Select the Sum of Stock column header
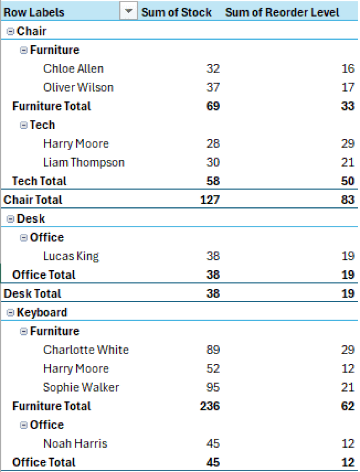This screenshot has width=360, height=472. click(x=176, y=12)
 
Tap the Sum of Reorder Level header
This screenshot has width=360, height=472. click(x=282, y=12)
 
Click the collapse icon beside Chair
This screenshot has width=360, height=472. click(x=11, y=31)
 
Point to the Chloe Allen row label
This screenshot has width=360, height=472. click(x=73, y=68)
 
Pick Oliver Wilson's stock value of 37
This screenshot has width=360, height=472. click(x=212, y=87)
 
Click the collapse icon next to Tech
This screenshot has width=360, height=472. click(x=24, y=125)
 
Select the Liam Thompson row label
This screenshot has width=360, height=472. click(x=84, y=163)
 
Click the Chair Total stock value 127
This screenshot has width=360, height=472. click(x=210, y=200)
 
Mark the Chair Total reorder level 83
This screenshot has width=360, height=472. click(x=348, y=200)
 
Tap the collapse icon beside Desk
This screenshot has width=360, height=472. click(x=11, y=219)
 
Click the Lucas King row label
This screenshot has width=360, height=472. click(x=71, y=256)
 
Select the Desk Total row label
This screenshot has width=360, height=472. click(x=32, y=294)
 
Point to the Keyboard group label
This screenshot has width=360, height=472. click(x=42, y=312)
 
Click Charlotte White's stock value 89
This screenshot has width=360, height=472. click(x=212, y=350)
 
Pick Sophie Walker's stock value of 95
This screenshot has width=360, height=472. click(x=212, y=387)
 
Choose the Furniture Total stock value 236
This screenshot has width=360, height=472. click(x=210, y=406)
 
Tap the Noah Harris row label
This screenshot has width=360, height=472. click(x=75, y=443)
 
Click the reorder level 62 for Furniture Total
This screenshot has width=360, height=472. click(x=348, y=406)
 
